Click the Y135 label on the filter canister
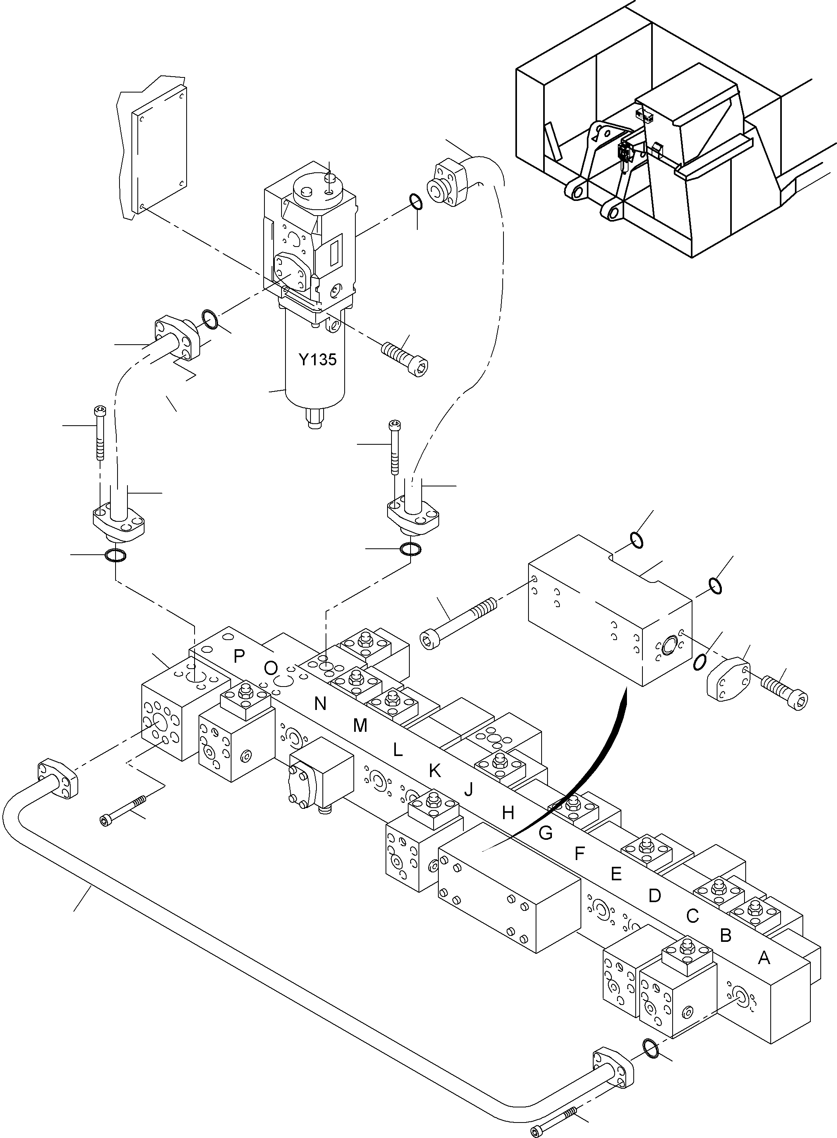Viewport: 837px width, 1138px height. point(317,360)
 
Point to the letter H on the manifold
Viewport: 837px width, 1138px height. point(508,813)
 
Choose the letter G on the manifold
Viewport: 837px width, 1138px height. point(545,833)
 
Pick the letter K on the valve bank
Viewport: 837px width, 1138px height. point(434,771)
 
